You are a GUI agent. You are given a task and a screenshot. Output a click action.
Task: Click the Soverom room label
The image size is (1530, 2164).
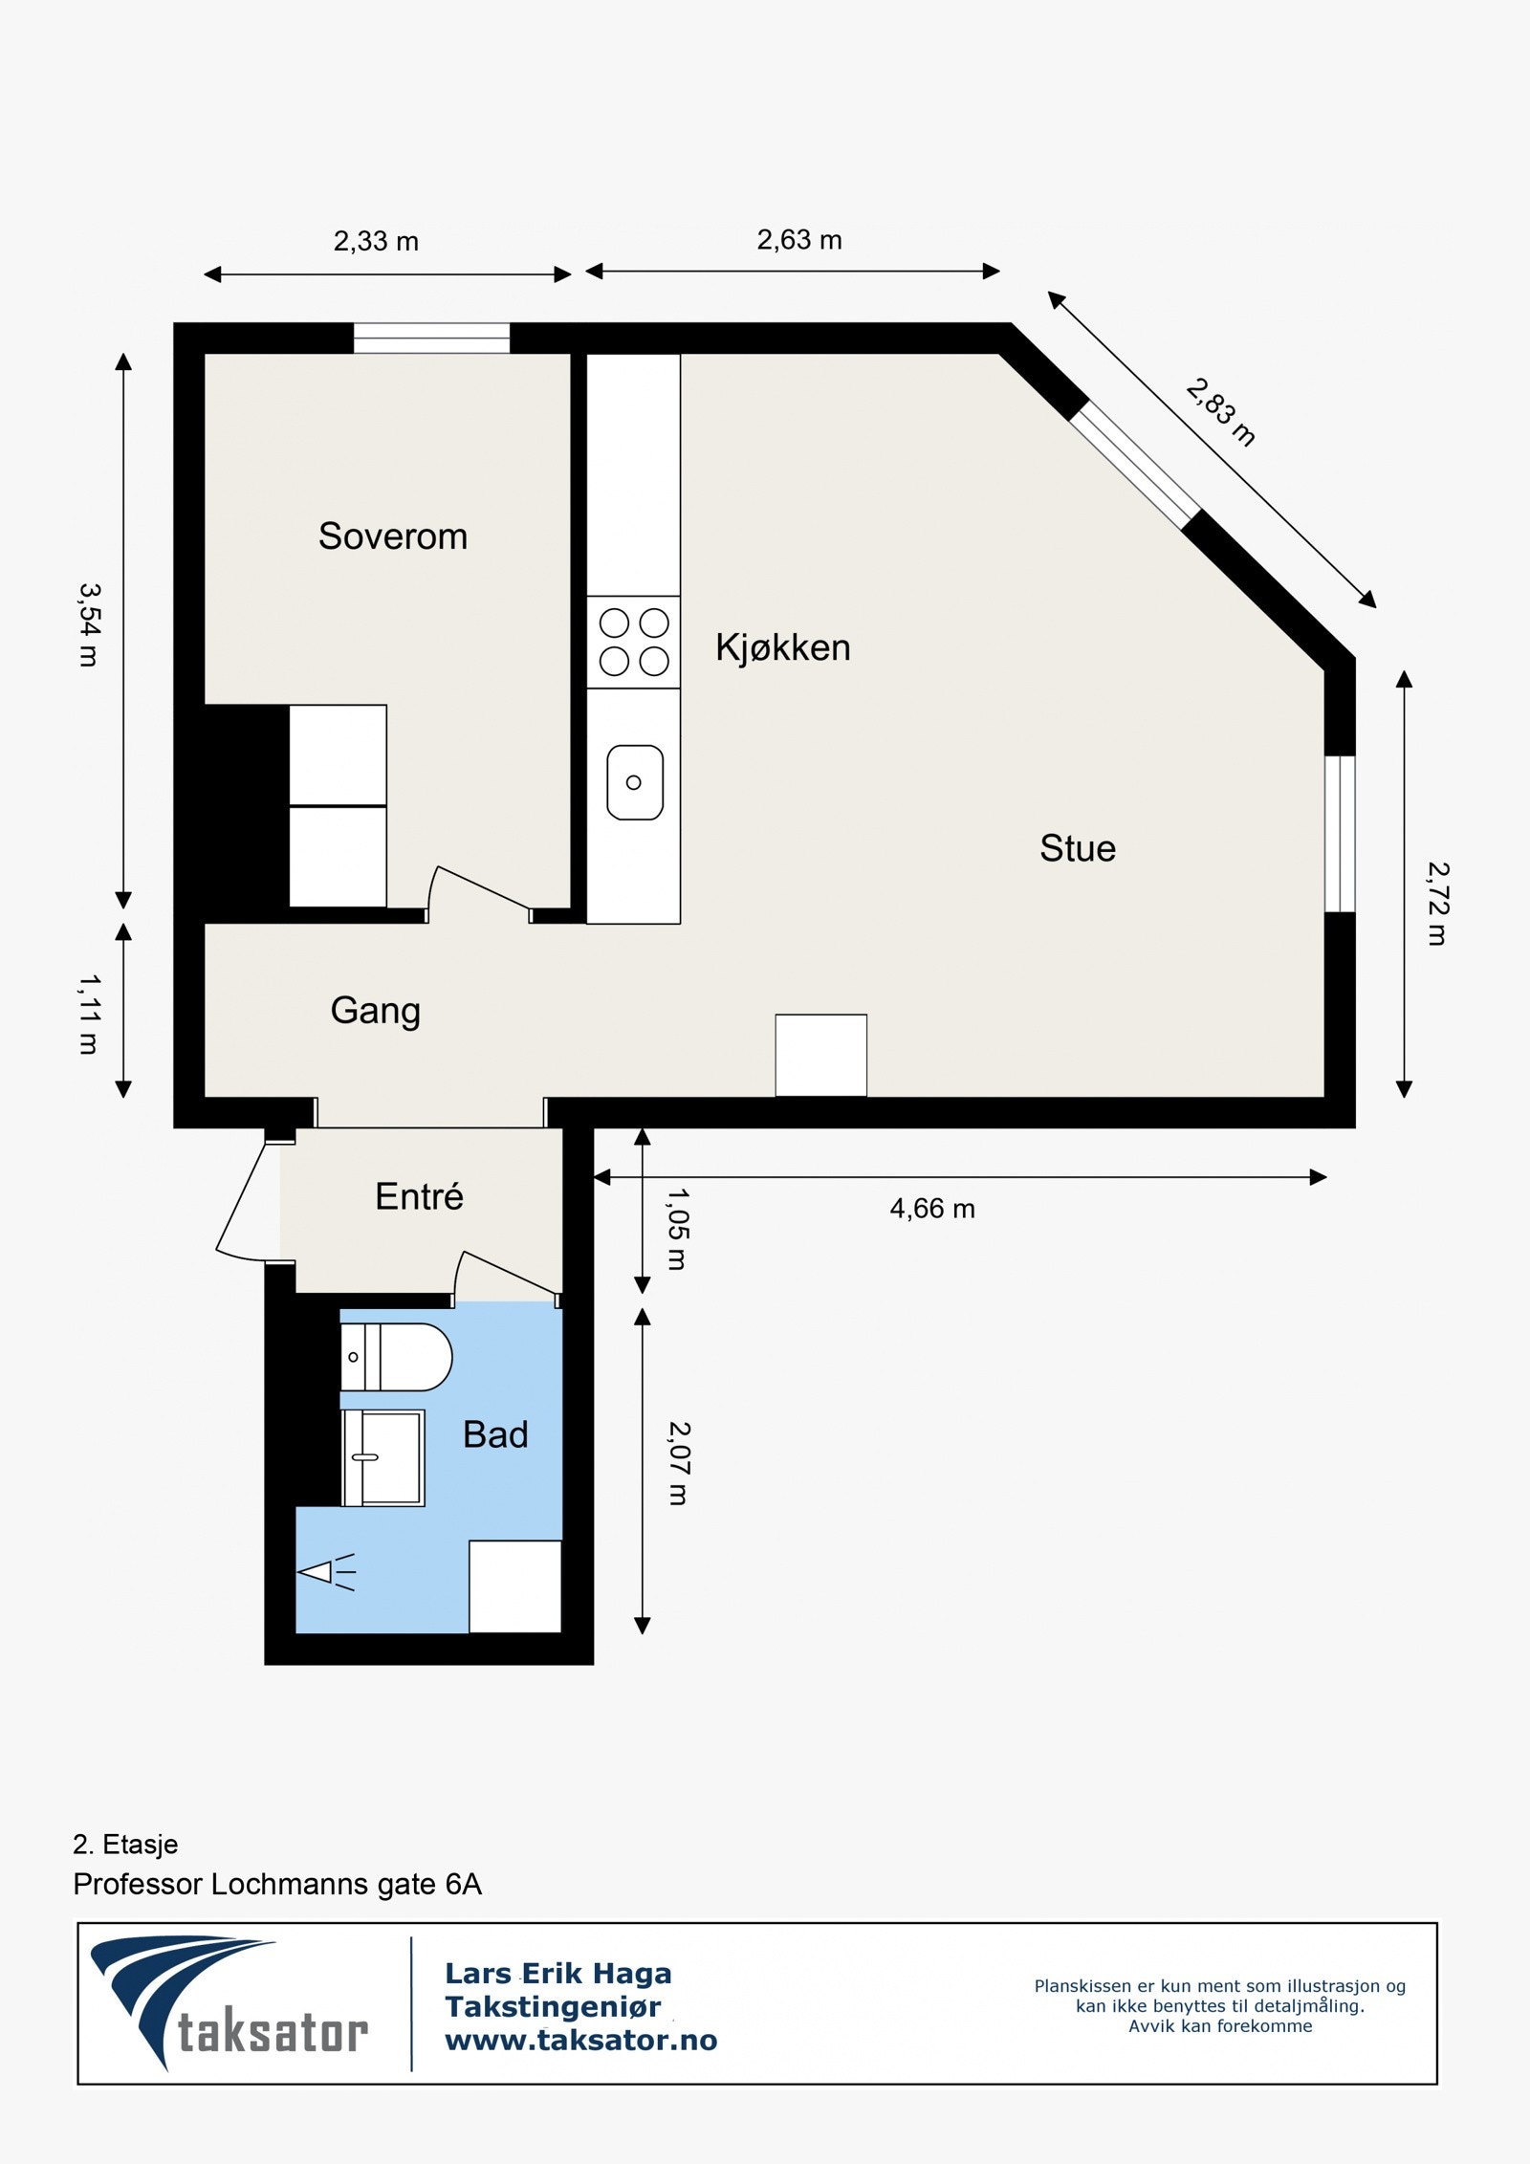(x=393, y=536)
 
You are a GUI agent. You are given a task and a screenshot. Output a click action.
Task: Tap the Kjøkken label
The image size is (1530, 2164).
(x=783, y=648)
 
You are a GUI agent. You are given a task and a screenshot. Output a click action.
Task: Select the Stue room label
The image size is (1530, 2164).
(x=1078, y=848)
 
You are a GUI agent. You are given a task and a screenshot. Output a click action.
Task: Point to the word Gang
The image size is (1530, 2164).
(x=376, y=1012)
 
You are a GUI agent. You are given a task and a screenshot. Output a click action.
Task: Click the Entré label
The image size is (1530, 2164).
(x=419, y=1195)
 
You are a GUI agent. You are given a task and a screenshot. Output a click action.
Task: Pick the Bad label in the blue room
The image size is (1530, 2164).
(x=495, y=1434)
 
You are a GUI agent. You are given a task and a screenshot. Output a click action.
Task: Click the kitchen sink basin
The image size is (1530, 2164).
(x=635, y=782)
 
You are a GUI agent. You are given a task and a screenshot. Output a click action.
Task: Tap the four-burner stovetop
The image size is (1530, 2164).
(x=633, y=642)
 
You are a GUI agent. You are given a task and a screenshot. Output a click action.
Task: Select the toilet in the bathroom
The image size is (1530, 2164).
(x=396, y=1357)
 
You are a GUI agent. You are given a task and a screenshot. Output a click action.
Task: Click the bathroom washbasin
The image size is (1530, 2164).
(x=383, y=1458)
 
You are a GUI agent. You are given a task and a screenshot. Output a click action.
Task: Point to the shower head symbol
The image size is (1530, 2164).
(x=326, y=1572)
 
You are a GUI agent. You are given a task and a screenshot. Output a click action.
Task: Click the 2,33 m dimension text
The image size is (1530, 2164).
(x=376, y=241)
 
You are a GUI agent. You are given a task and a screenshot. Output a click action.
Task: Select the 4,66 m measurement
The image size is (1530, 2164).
(x=932, y=1209)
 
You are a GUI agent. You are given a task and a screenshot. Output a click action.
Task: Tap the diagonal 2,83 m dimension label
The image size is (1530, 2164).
(x=1220, y=412)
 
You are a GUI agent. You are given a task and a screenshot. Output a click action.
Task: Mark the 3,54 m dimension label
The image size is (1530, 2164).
(x=89, y=624)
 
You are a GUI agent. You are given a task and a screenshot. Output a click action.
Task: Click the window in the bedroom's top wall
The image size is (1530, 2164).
(x=431, y=339)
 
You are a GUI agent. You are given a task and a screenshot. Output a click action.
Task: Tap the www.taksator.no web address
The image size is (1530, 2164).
(x=581, y=2041)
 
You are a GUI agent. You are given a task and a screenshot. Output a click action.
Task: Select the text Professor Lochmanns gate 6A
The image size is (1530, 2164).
(x=277, y=1884)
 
